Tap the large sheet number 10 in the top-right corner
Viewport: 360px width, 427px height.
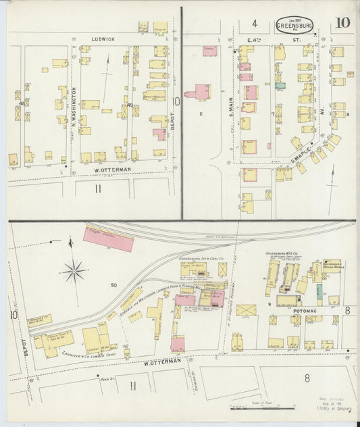click(342, 22)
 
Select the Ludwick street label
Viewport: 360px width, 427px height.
click(103, 39)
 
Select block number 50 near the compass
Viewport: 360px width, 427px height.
click(113, 286)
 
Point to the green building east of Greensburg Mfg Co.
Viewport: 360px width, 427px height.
click(319, 294)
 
